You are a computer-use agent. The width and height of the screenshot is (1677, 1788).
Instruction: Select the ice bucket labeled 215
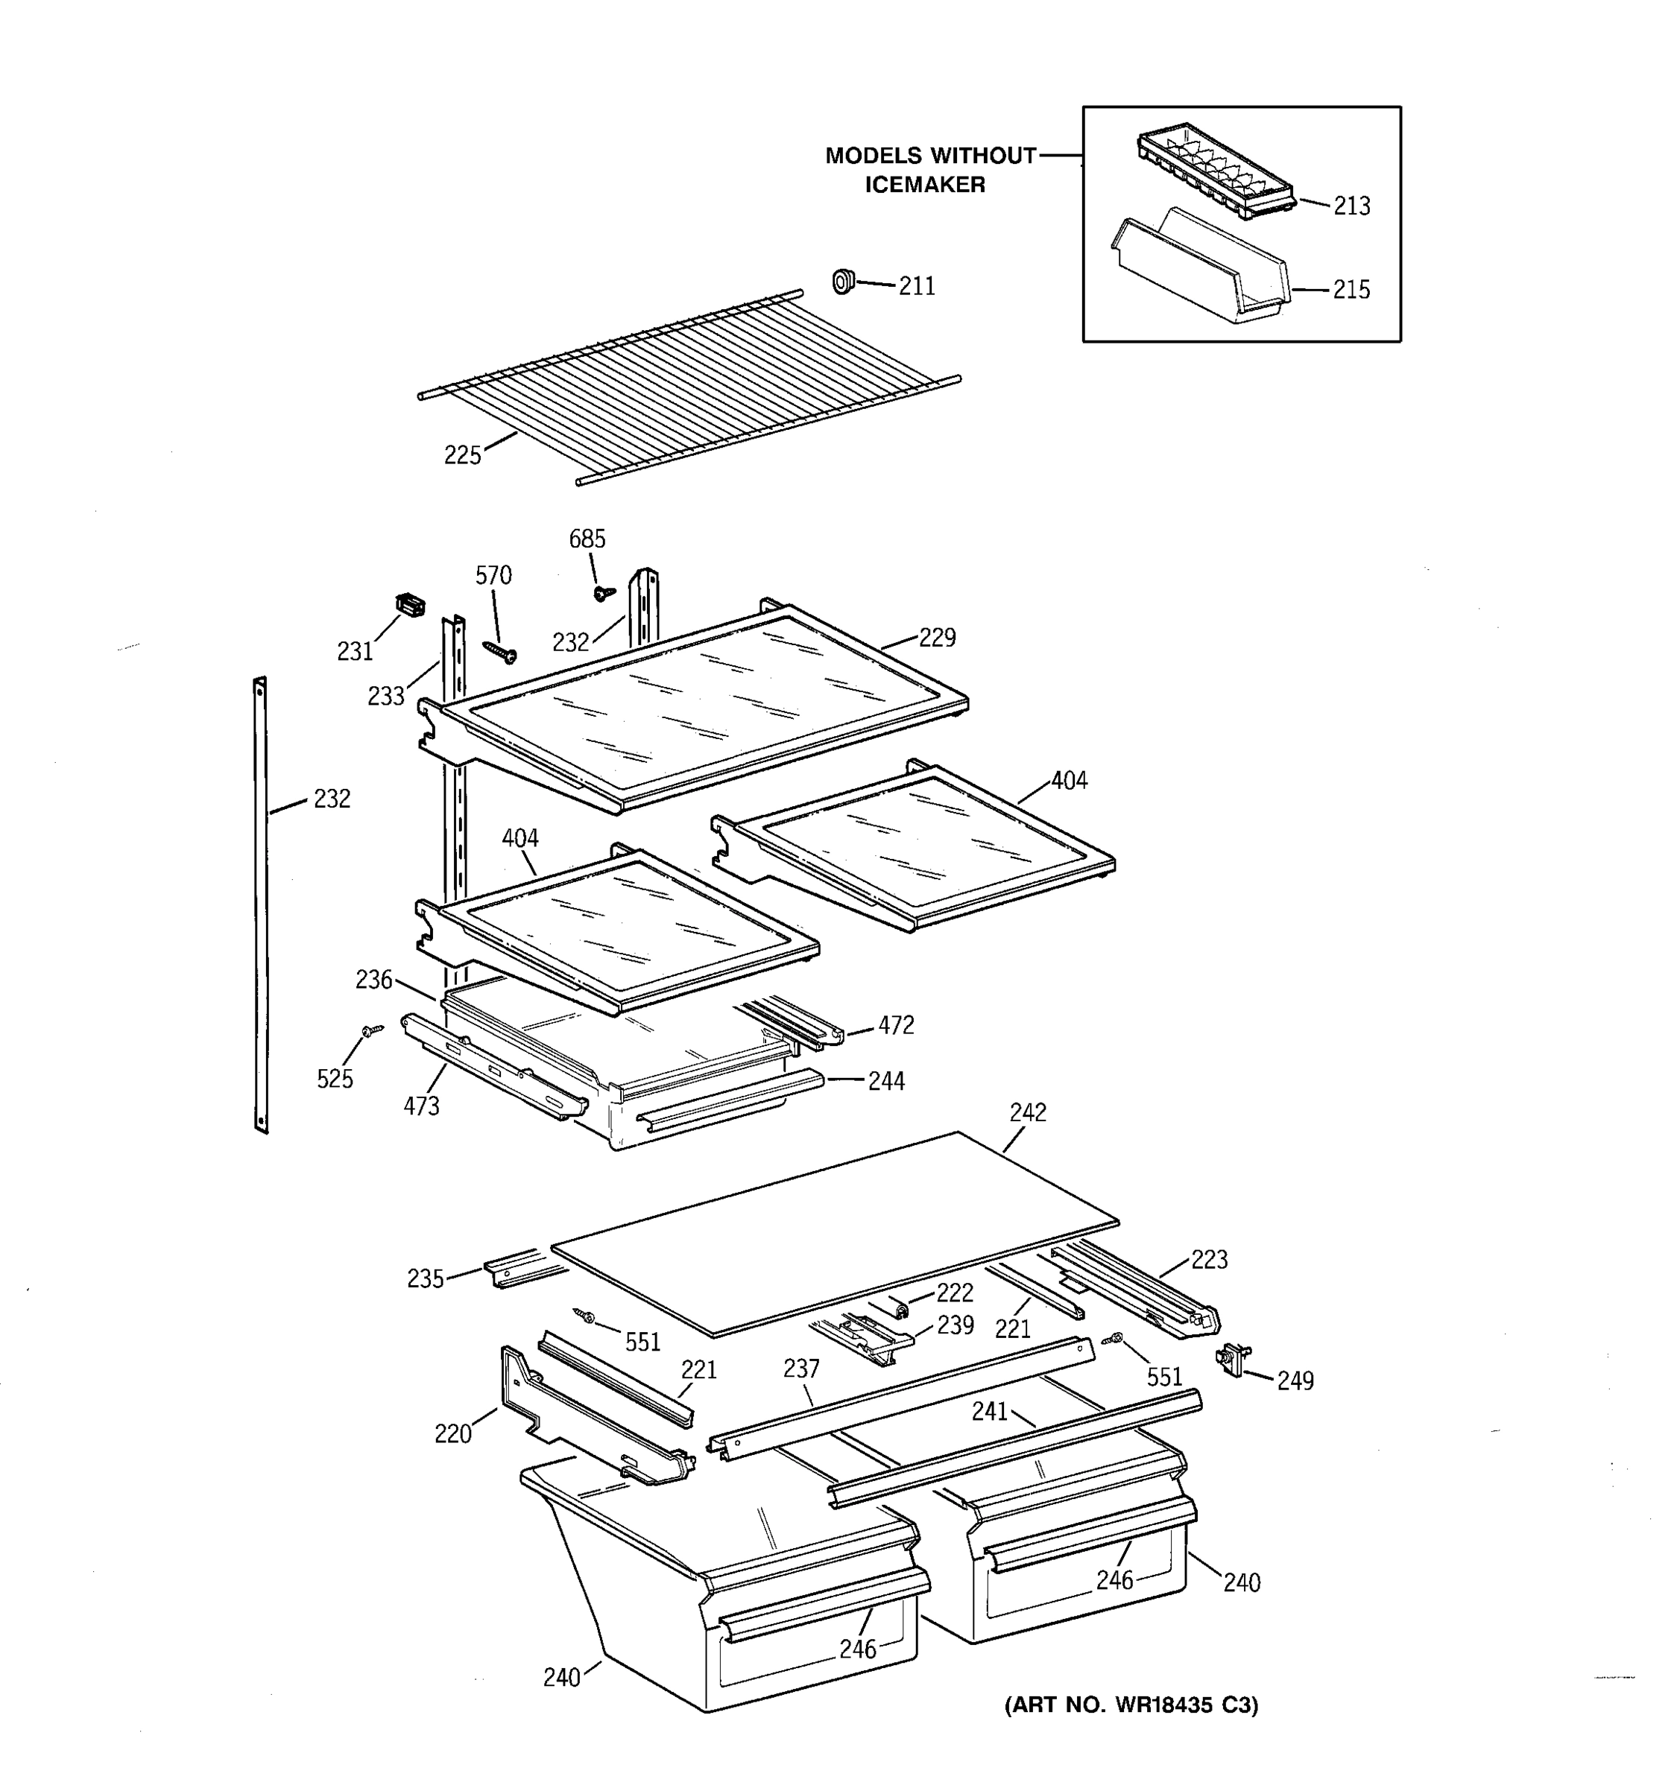(x=1201, y=270)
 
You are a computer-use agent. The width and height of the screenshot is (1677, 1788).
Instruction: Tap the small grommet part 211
(x=843, y=282)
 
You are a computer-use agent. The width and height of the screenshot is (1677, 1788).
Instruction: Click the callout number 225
(x=462, y=456)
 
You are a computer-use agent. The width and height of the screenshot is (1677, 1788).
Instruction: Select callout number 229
(x=937, y=638)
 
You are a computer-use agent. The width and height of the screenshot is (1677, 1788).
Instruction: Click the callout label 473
(x=421, y=1106)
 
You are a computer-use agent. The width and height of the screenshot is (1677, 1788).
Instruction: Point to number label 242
(x=1027, y=1112)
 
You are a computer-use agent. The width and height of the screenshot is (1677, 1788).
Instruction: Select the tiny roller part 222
(x=897, y=1305)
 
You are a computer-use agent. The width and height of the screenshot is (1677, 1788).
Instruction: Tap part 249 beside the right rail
(x=1231, y=1359)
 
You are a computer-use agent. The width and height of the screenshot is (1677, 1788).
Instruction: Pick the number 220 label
(x=452, y=1433)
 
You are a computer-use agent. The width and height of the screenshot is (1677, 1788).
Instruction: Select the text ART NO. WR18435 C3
(x=1131, y=1705)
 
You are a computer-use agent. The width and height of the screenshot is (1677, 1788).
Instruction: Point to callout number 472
(x=896, y=1025)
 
